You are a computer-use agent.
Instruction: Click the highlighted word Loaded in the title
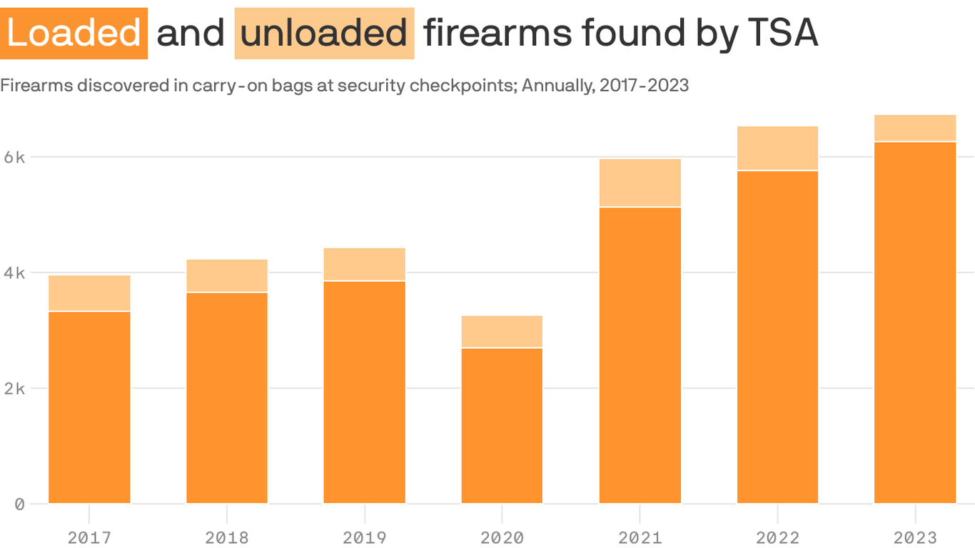pyautogui.click(x=74, y=34)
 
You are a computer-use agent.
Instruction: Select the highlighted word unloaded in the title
pyautogui.click(x=324, y=34)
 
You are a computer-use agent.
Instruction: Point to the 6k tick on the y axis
pyautogui.click(x=14, y=157)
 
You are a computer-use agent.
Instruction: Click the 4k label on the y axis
pyautogui.click(x=14, y=273)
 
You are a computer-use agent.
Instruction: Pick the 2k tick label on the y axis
pyautogui.click(x=14, y=388)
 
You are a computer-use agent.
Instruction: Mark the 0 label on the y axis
pyautogui.click(x=19, y=504)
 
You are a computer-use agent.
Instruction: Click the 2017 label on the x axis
pyautogui.click(x=89, y=537)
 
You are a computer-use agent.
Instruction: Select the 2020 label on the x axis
pyautogui.click(x=502, y=537)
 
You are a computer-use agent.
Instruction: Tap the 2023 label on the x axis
pyautogui.click(x=915, y=537)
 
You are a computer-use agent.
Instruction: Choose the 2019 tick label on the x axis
pyautogui.click(x=364, y=537)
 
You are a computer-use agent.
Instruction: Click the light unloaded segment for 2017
pyautogui.click(x=89, y=293)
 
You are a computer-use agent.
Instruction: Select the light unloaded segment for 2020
pyautogui.click(x=502, y=331)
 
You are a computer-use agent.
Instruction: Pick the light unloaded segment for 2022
pyautogui.click(x=777, y=148)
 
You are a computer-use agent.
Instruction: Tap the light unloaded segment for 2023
pyautogui.click(x=915, y=128)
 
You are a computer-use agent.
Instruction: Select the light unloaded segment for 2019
pyautogui.click(x=364, y=264)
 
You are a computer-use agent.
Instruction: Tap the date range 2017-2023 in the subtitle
pyautogui.click(x=644, y=86)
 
